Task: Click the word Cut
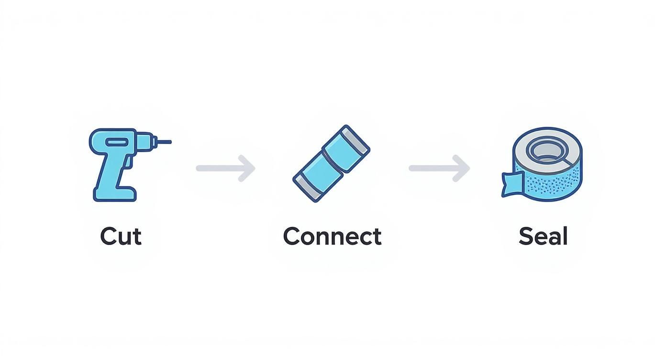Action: [121, 236]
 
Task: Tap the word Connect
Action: [332, 236]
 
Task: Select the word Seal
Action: [543, 236]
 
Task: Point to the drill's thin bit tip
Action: [166, 142]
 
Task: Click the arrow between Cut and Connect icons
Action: [226, 168]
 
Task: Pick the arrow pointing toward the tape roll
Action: [439, 168]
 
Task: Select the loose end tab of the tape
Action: [511, 185]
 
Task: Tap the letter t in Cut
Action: [137, 236]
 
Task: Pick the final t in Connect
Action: [377, 236]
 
